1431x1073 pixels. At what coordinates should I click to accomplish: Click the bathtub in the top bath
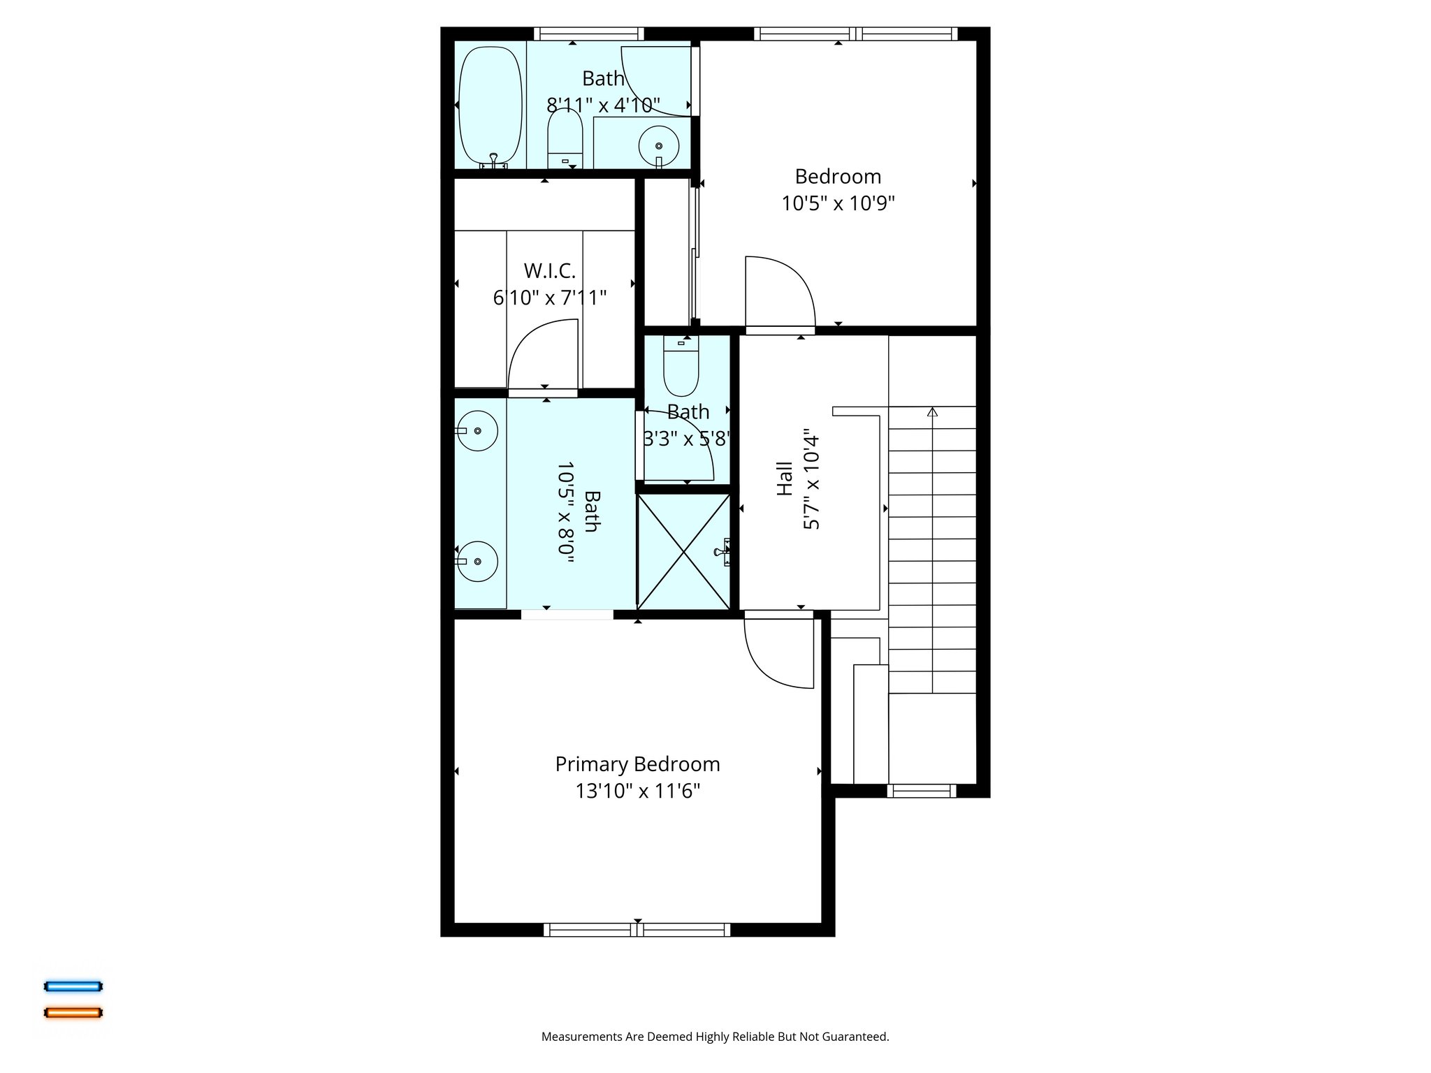pyautogui.click(x=490, y=105)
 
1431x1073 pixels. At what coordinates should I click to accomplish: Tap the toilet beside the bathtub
pyautogui.click(x=565, y=140)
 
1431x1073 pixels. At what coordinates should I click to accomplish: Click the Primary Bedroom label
pyautogui.click(x=637, y=764)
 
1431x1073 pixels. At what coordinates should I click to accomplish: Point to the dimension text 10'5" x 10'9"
pyautogui.click(x=838, y=203)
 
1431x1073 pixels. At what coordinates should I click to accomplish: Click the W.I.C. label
pyautogui.click(x=549, y=271)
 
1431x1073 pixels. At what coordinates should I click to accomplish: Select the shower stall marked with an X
pyautogui.click(x=683, y=551)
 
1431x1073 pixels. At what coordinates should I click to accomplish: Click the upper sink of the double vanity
pyautogui.click(x=477, y=431)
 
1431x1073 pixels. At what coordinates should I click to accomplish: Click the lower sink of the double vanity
pyautogui.click(x=477, y=561)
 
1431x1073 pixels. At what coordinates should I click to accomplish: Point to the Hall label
pyautogui.click(x=785, y=479)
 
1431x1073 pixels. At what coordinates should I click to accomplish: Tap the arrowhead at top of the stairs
pyautogui.click(x=931, y=412)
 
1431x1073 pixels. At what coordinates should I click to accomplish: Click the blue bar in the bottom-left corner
pyautogui.click(x=73, y=986)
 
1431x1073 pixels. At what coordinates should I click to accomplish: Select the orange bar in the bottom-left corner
pyautogui.click(x=73, y=1012)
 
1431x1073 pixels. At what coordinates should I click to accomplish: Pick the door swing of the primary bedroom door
pyautogui.click(x=776, y=653)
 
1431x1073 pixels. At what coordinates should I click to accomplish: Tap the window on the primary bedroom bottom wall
pyautogui.click(x=637, y=930)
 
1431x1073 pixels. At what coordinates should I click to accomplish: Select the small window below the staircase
pyautogui.click(x=921, y=791)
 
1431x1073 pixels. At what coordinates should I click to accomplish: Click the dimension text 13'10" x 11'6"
pyautogui.click(x=637, y=791)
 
